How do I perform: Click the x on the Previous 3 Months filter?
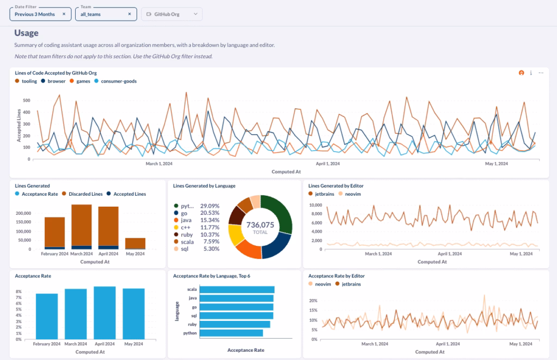click(64, 14)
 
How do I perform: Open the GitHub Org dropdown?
click(171, 14)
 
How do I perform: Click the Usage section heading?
click(26, 33)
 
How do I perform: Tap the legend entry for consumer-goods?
click(118, 81)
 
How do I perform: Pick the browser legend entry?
click(56, 81)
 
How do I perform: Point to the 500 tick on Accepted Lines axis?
click(26, 101)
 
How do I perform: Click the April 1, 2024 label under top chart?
click(327, 164)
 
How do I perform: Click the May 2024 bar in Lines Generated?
click(135, 243)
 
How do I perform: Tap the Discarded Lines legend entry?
click(83, 194)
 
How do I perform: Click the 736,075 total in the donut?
click(260, 225)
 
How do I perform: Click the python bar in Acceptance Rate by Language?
click(232, 333)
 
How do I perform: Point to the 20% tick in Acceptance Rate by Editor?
click(313, 301)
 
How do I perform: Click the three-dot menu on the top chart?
click(541, 73)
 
